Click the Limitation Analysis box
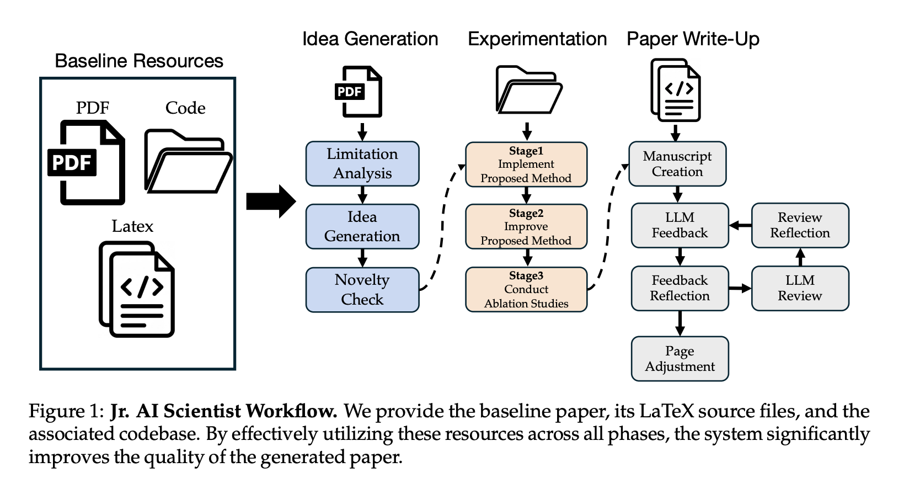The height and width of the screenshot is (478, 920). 362,164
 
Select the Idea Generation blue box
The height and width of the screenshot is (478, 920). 362,226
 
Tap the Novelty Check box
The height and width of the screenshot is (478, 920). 362,290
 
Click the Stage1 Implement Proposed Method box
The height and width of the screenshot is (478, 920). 526,164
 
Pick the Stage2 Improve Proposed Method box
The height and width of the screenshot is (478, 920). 526,227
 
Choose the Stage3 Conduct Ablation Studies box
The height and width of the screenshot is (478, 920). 526,290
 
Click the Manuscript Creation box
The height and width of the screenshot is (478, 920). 677,164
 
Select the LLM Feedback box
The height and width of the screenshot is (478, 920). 680,225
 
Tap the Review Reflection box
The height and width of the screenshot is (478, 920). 800,225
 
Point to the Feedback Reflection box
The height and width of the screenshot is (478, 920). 680,288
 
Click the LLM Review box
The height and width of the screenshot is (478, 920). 800,288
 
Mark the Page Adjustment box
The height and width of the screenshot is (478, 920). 680,359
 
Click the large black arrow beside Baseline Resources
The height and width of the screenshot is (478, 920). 271,201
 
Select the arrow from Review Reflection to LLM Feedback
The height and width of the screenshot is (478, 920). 740,225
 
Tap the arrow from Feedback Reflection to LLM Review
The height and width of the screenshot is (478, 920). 740,288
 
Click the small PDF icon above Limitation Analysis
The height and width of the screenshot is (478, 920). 359,92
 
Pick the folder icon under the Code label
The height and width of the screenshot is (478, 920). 188,161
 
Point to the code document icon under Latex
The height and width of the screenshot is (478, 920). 137,289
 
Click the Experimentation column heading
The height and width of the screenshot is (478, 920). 537,39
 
